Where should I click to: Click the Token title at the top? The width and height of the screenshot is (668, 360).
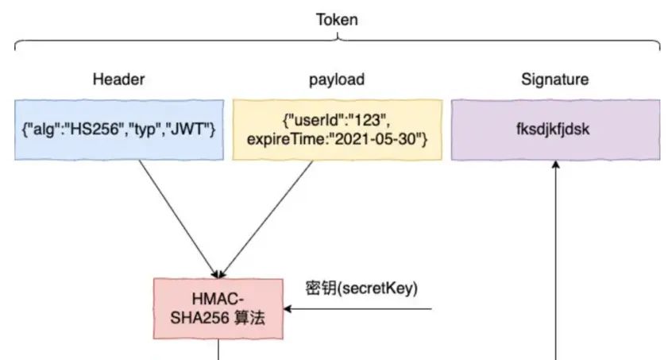coord(337,19)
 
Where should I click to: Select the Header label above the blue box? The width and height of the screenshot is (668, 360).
coord(117,79)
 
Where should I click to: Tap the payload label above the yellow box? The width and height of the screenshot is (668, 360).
coord(336,79)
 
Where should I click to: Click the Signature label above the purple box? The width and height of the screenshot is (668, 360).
coord(554,79)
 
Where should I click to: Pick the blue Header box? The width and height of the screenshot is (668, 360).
coord(117,130)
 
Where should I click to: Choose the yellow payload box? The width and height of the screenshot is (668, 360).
coord(336,130)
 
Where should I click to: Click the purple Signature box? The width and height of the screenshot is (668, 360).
coord(554,130)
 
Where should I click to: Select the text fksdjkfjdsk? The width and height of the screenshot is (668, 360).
coord(554,130)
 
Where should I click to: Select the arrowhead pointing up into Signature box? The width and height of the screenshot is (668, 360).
coord(555,165)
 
